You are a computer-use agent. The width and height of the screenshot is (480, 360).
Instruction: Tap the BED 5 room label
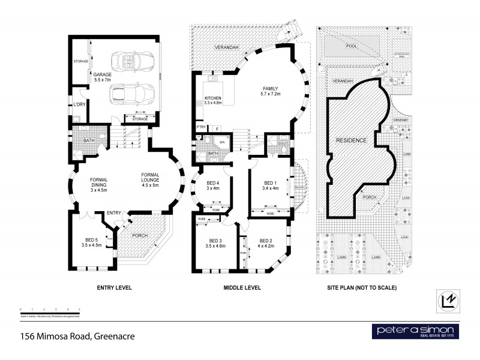coord(91,241)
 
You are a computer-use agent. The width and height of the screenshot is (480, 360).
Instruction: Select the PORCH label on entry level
coord(140,235)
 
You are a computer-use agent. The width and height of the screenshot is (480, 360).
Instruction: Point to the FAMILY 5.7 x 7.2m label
coord(272,91)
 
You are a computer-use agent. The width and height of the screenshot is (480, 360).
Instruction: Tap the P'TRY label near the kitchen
coord(201,127)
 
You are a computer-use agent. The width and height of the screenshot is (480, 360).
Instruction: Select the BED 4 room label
coord(213,185)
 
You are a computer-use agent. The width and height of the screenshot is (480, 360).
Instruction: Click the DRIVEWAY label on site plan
coord(401,120)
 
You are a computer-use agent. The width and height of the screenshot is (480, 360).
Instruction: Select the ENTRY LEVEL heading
coord(114,287)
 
